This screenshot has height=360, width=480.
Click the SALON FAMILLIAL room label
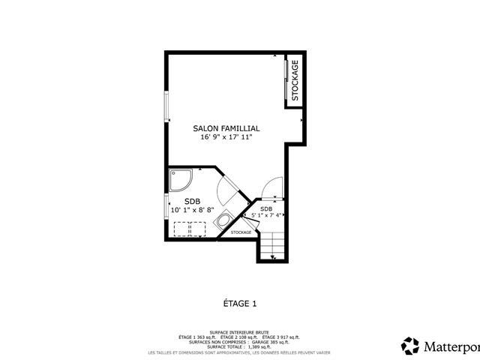tap(226, 129)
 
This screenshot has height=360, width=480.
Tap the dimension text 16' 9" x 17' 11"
tap(226, 138)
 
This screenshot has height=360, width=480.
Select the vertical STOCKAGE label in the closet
tap(295, 80)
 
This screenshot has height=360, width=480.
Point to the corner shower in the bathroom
tap(180, 180)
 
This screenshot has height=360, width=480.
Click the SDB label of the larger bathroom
tap(193, 201)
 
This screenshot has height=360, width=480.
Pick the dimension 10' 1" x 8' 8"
tap(193, 210)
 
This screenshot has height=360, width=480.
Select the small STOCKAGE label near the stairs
tap(241, 232)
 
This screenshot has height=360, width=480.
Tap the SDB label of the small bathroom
tap(266, 208)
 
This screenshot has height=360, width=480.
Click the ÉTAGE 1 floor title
tap(240, 303)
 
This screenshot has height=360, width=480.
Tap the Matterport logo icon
tap(410, 346)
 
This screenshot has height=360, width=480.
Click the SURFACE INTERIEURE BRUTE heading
tap(239, 331)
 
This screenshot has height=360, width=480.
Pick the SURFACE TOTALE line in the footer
tap(239, 347)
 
